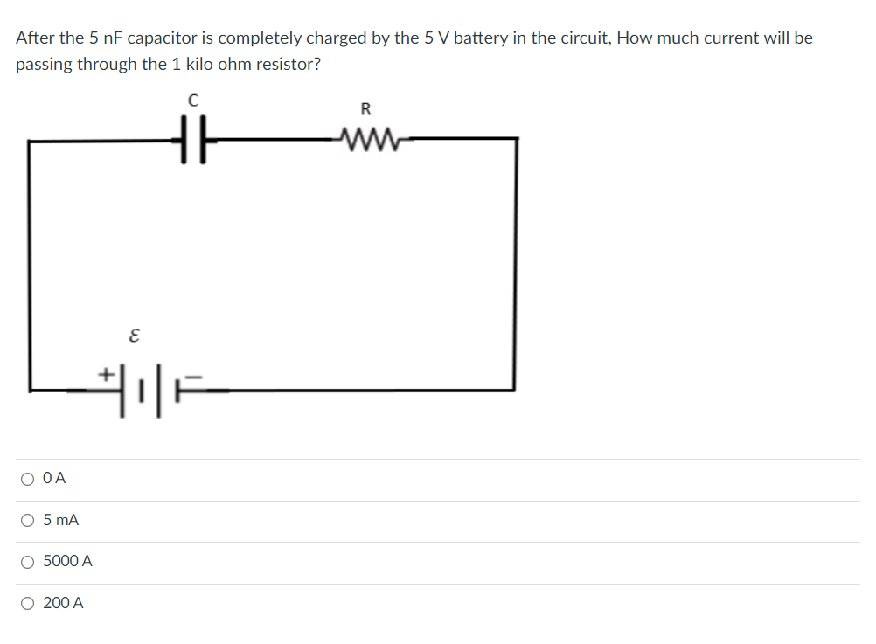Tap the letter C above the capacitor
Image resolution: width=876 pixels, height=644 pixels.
[193, 101]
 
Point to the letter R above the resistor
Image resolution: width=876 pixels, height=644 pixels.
[365, 109]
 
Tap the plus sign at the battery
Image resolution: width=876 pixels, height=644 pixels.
[106, 373]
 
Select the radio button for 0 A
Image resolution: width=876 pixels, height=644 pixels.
[29, 479]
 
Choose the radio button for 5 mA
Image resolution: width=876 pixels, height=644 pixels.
[29, 521]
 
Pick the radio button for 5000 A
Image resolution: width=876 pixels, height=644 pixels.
[29, 562]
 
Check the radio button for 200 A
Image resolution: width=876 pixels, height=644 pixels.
[29, 603]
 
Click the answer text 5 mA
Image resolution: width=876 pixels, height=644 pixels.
[61, 520]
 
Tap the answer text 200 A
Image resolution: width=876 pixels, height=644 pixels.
[64, 603]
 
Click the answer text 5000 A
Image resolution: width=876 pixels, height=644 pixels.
[67, 561]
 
